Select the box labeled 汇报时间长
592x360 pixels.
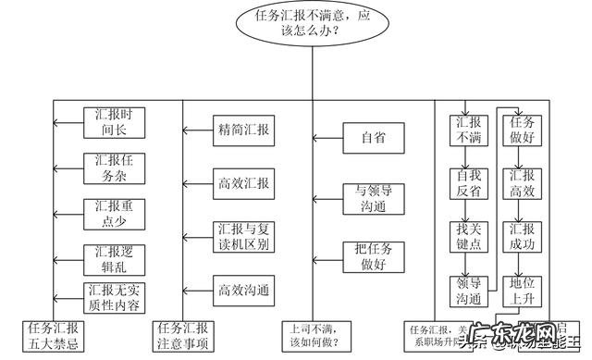pyautogui.click(x=116, y=123)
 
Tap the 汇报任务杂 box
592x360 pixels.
pyautogui.click(x=116, y=168)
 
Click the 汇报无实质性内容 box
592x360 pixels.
pyautogui.click(x=116, y=295)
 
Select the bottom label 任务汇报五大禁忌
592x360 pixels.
pyautogui.click(x=54, y=336)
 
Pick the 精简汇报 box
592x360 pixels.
pyautogui.click(x=243, y=130)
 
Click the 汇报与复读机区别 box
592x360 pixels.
pyautogui.click(x=243, y=237)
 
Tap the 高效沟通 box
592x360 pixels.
pyautogui.click(x=243, y=290)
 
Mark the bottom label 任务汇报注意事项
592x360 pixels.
pyautogui.click(x=182, y=336)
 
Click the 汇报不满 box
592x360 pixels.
pyautogui.click(x=468, y=130)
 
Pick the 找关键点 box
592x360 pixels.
pyautogui.click(x=468, y=237)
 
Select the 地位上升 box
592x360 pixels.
pyautogui.click(x=518, y=290)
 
